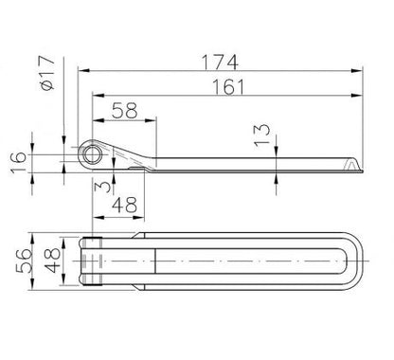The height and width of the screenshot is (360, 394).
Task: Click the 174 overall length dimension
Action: [x=220, y=63]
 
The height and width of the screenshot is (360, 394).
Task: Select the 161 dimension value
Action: [x=228, y=87]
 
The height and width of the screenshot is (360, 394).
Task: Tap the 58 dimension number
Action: [x=125, y=110]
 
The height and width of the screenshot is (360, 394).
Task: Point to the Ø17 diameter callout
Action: [x=47, y=73]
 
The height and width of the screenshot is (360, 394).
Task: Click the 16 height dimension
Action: [x=18, y=162]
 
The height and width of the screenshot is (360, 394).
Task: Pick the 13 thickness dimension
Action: [x=262, y=135]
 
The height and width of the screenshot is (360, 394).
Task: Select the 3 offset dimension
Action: [x=102, y=185]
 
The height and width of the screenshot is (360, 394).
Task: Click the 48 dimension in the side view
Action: [x=125, y=205]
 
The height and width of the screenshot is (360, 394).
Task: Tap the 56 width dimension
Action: [x=25, y=261]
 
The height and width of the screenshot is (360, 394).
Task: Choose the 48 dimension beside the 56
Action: [x=52, y=261]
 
